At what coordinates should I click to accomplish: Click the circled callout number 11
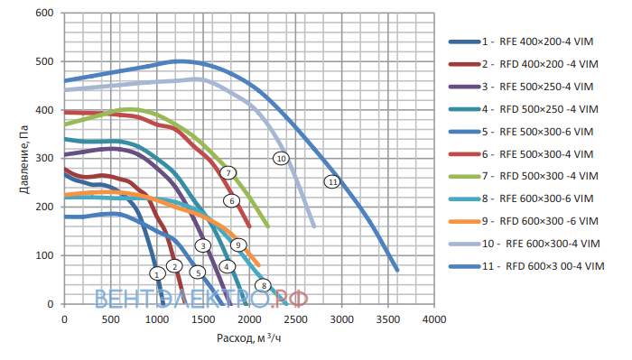(332, 182)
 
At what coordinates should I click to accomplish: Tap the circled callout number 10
(281, 158)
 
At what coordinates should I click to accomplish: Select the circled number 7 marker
(228, 172)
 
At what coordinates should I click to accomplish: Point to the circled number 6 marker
(231, 200)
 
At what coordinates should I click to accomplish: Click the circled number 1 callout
(157, 273)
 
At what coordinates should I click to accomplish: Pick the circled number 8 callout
(264, 285)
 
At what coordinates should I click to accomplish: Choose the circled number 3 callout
(203, 245)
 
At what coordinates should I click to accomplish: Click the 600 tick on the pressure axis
(44, 13)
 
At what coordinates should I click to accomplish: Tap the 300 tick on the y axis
(44, 158)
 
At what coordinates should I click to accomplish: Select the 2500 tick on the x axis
(295, 319)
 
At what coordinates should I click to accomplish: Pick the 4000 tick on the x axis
(434, 319)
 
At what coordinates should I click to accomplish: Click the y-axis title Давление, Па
(24, 160)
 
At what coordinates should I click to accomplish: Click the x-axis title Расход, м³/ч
(248, 337)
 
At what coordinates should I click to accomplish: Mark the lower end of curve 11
(397, 270)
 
